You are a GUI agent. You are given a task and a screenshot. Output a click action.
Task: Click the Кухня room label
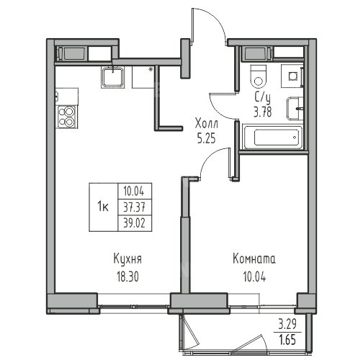(x=127, y=260)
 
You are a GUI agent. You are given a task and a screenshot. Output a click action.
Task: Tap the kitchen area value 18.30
(x=127, y=276)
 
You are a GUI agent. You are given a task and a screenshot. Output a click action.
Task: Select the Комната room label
(x=254, y=259)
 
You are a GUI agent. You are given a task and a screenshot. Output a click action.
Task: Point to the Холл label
(x=207, y=124)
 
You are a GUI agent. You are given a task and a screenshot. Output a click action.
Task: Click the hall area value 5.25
(x=206, y=139)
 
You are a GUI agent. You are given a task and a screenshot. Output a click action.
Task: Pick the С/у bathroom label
(x=263, y=99)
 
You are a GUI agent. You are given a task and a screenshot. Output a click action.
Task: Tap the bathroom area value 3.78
(x=263, y=112)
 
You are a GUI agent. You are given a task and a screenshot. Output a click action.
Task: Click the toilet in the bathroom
(x=258, y=77)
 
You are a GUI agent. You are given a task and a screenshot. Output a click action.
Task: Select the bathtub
(x=274, y=137)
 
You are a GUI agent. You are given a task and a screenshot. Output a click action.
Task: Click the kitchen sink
(x=112, y=77)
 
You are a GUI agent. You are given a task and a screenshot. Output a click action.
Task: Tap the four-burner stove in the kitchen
(x=67, y=117)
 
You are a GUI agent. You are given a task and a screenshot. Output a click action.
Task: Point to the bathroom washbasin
(x=295, y=109)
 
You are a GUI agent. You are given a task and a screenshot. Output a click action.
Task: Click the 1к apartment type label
(x=103, y=207)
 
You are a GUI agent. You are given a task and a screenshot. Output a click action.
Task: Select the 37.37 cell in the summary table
(x=135, y=207)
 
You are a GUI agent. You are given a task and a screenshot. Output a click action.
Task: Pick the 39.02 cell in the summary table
(x=135, y=223)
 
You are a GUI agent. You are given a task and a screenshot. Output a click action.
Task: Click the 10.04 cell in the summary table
(x=134, y=192)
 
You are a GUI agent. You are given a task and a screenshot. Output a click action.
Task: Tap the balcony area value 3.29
(x=287, y=325)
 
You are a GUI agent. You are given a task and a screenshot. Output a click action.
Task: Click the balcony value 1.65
(x=287, y=340)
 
